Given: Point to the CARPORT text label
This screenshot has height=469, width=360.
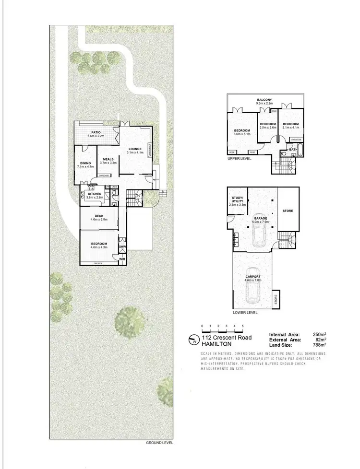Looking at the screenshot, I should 252,277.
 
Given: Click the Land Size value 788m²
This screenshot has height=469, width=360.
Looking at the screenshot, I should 319,344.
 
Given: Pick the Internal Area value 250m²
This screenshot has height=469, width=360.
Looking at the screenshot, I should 319,334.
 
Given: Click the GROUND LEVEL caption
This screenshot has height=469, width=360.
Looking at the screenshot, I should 159,443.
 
